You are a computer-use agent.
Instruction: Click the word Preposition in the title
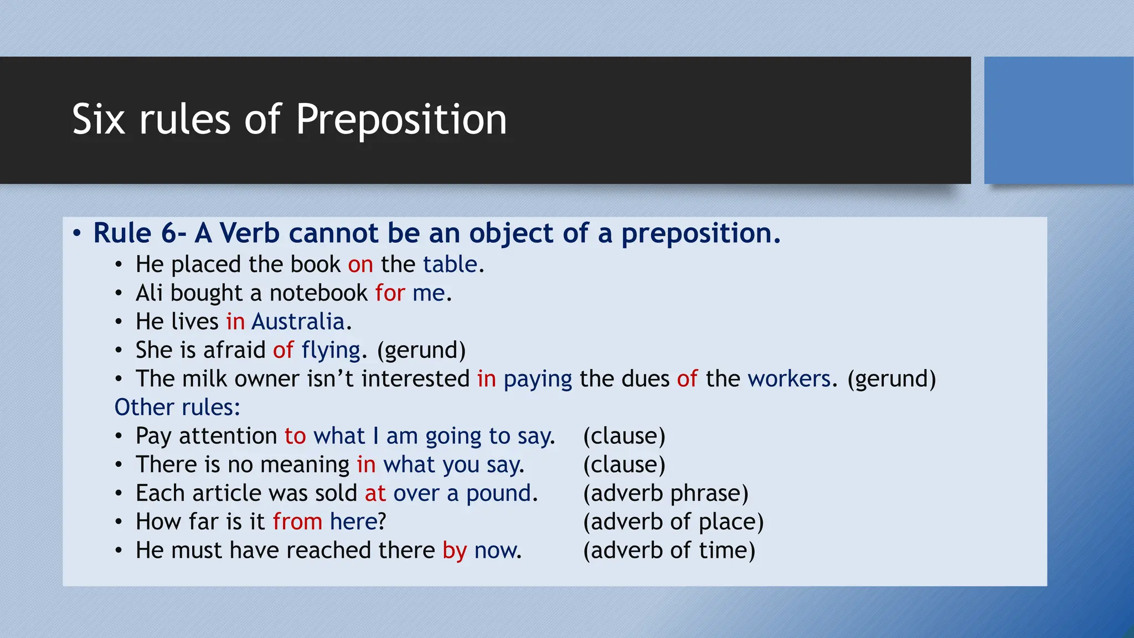click(x=401, y=120)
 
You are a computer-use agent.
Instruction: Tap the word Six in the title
click(x=99, y=120)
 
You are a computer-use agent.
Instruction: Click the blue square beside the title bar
click(x=1058, y=120)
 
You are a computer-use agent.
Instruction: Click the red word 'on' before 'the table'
click(x=360, y=265)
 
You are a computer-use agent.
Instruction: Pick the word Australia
click(x=298, y=322)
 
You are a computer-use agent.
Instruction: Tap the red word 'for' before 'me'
click(x=390, y=293)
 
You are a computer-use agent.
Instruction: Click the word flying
click(x=331, y=351)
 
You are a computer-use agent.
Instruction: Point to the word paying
click(x=537, y=379)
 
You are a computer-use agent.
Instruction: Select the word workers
click(x=788, y=379)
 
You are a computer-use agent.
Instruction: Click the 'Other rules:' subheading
click(x=177, y=408)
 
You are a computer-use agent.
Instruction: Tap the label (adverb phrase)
click(x=665, y=493)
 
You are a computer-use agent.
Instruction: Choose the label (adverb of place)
click(x=673, y=522)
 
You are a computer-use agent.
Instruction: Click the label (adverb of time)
click(x=669, y=550)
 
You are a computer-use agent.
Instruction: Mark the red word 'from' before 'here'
click(x=297, y=522)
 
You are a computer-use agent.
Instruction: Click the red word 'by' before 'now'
click(x=455, y=551)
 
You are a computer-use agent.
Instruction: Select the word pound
click(x=498, y=493)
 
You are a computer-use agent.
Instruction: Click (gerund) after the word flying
click(x=421, y=351)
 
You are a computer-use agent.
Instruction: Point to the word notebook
click(x=318, y=293)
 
